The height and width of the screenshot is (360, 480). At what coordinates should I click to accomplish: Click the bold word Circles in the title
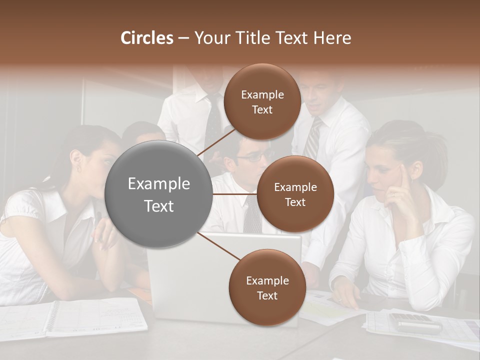[146, 38]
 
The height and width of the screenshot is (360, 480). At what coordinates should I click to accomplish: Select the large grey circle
[159, 194]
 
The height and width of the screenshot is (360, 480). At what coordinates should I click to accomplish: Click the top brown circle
[262, 102]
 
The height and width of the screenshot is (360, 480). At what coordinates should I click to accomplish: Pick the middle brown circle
[295, 194]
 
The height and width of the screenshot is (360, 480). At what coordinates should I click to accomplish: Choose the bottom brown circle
[267, 287]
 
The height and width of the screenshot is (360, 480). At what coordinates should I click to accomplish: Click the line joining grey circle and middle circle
[235, 194]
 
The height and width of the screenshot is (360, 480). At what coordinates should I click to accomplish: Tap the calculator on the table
[416, 323]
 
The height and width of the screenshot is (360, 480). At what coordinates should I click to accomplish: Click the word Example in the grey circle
[159, 184]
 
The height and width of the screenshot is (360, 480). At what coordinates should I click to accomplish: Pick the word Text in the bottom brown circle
[267, 295]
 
